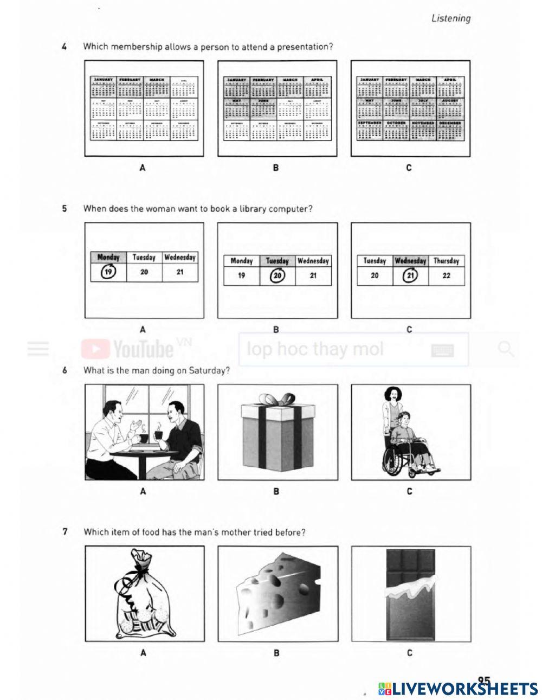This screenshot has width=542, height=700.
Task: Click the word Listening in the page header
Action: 450,18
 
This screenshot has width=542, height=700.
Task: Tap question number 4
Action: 64,47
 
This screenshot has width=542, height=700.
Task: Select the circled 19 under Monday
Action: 108,272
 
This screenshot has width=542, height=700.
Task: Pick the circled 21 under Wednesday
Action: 410,275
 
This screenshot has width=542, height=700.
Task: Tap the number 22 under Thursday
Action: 446,275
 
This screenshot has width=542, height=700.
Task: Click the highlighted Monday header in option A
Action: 108,258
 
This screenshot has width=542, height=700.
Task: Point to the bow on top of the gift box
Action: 277,400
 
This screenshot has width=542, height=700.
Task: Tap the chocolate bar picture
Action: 410,594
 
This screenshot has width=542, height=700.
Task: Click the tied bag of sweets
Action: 144,596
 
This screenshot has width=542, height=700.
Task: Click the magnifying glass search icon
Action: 505,349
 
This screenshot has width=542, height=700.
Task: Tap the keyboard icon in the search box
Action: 442,351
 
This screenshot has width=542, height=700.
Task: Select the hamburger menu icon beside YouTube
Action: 38,349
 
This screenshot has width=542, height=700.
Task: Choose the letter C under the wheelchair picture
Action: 409,491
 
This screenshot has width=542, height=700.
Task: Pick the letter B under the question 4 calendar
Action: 276,168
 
